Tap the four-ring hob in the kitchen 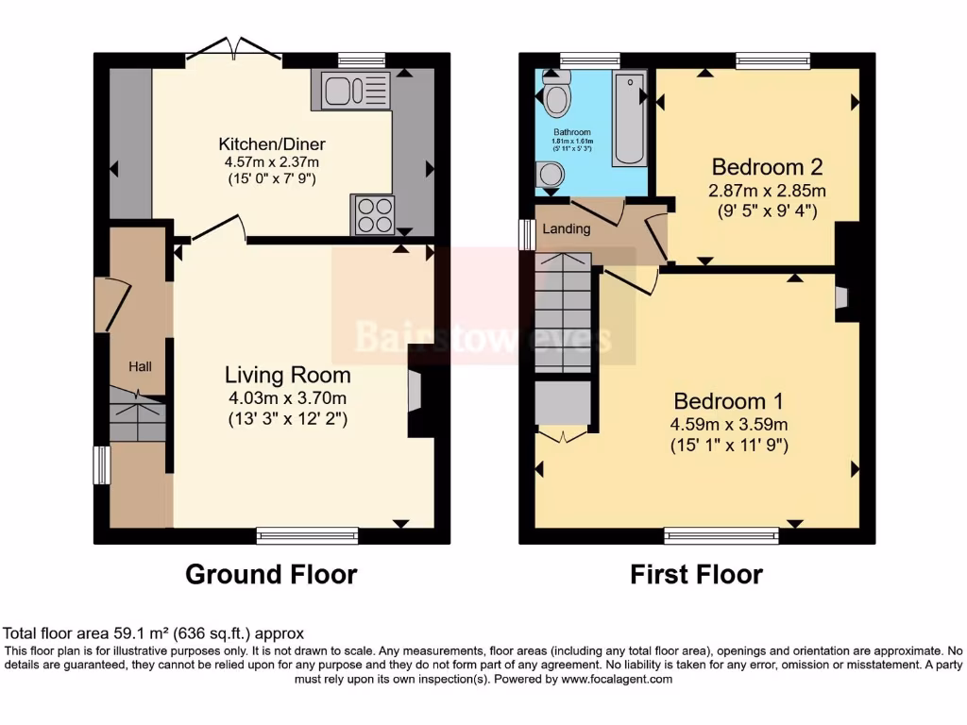pyautogui.click(x=373, y=214)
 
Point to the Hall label pyautogui.click(x=141, y=366)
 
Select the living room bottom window pyautogui.click(x=308, y=535)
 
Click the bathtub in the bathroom pyautogui.click(x=628, y=118)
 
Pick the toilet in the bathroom pyautogui.click(x=555, y=95)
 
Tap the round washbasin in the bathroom pyautogui.click(x=549, y=175)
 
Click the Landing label pyautogui.click(x=567, y=228)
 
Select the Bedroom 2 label pyautogui.click(x=767, y=167)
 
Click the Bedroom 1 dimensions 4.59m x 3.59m pyautogui.click(x=729, y=424)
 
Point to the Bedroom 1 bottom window pyautogui.click(x=721, y=535)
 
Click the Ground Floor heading pyautogui.click(x=271, y=574)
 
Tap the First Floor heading pyautogui.click(x=697, y=574)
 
